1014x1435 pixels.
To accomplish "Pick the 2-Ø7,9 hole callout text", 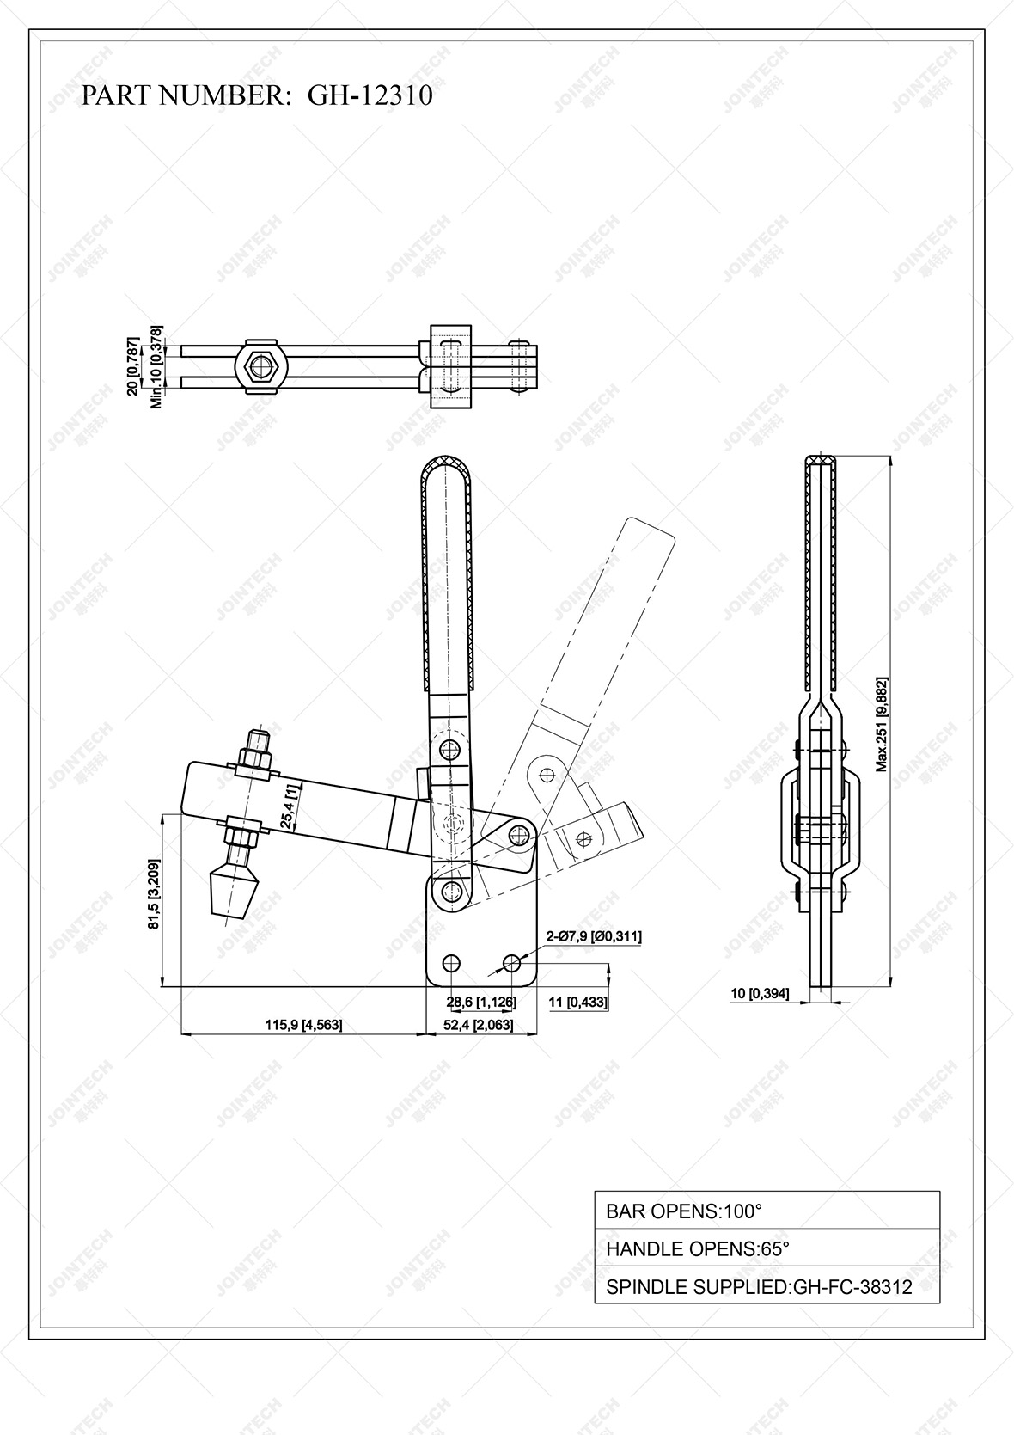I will click(x=594, y=936).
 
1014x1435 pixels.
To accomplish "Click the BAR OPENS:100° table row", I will click(x=767, y=1211).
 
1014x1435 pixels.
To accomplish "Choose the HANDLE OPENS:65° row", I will click(x=767, y=1248).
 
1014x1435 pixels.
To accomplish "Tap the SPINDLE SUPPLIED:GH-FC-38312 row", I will click(x=767, y=1286).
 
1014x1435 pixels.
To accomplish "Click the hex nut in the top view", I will click(x=258, y=366).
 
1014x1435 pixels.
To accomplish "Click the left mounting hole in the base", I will click(x=450, y=962).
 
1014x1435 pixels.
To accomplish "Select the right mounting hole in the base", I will click(x=513, y=962).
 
